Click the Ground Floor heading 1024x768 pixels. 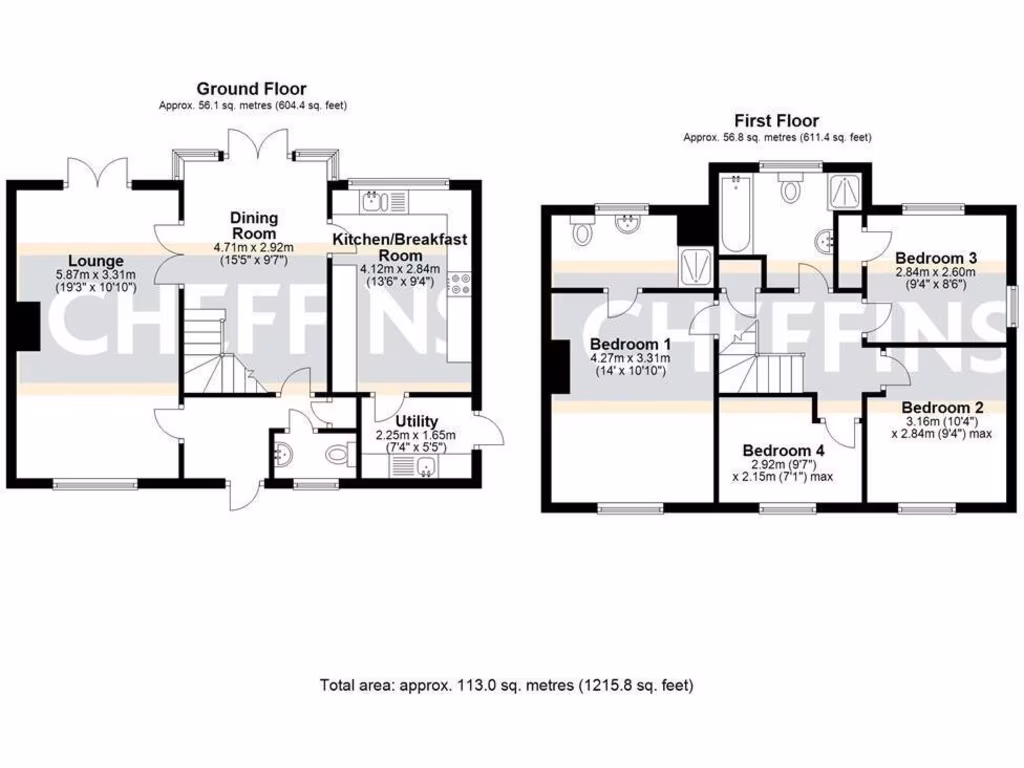[x=251, y=89]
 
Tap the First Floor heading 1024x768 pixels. [x=776, y=121]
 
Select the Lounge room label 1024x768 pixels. [x=90, y=261]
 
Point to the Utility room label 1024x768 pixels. [x=416, y=421]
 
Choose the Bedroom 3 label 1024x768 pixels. [x=936, y=256]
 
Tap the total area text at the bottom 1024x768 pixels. [x=506, y=685]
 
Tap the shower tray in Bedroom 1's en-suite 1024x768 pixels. [x=691, y=266]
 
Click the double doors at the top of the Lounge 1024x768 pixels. [x=99, y=171]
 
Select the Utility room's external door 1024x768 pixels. [x=489, y=431]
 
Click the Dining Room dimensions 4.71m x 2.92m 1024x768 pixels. [x=253, y=246]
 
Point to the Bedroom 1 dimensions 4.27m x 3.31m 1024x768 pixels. [x=625, y=359]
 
